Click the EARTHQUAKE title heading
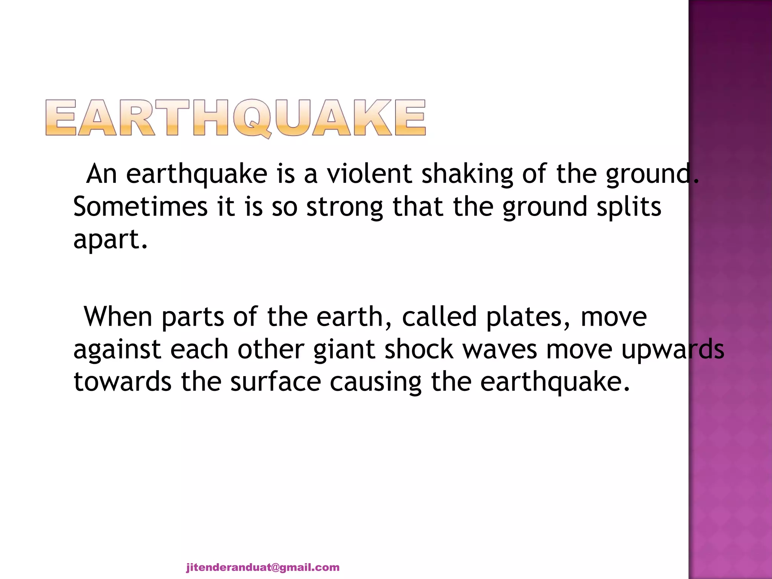click(x=236, y=118)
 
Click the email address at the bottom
click(x=263, y=567)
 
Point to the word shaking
click(x=467, y=175)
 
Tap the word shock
click(x=419, y=349)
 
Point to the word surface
click(x=276, y=382)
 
